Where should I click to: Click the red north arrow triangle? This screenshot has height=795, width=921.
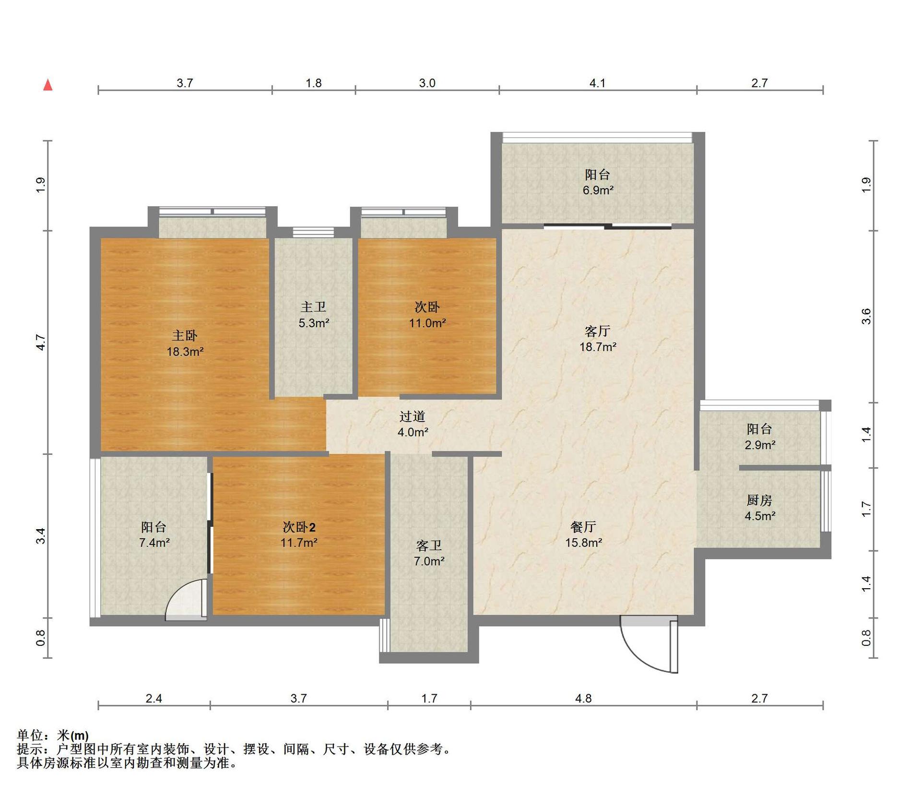click(48, 85)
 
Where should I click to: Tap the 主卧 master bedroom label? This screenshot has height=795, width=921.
click(185, 335)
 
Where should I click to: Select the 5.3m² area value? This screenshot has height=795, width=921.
click(314, 323)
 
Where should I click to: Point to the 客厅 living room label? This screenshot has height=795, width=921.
click(597, 331)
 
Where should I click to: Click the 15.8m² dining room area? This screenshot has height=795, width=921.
click(583, 543)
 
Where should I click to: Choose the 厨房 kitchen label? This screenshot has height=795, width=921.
click(759, 500)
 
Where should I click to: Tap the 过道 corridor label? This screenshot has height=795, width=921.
click(413, 416)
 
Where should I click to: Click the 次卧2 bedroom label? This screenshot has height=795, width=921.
click(299, 527)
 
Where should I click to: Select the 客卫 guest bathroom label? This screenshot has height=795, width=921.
click(429, 546)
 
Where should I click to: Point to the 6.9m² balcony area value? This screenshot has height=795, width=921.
click(598, 190)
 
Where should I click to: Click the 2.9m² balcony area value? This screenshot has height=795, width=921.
click(760, 445)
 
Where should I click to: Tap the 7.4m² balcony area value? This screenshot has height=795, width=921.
click(154, 543)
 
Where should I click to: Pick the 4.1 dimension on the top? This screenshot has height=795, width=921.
click(597, 83)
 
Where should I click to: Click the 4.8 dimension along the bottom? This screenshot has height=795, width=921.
click(583, 698)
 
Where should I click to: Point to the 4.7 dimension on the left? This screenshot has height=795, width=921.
click(41, 343)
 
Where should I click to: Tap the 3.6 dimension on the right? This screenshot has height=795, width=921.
click(866, 316)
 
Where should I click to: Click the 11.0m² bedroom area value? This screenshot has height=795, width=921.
click(427, 323)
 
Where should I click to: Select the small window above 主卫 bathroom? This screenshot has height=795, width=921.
click(313, 232)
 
